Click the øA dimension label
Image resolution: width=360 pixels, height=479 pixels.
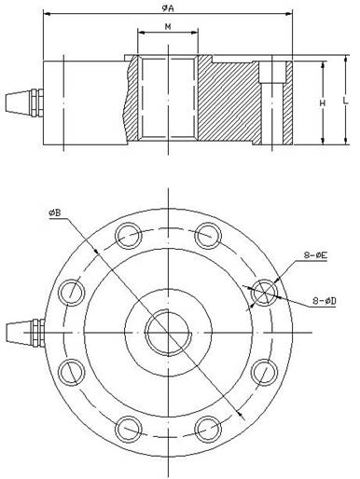[168, 7]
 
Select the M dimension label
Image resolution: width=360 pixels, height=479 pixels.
[168, 27]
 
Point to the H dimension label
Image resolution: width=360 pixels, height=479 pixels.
[323, 103]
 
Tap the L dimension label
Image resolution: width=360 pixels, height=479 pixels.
[345, 101]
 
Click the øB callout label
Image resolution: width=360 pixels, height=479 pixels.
[55, 213]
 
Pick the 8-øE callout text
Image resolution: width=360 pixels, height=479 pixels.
[315, 255]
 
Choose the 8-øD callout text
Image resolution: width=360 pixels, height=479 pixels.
[325, 301]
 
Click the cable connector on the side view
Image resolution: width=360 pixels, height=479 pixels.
[24, 103]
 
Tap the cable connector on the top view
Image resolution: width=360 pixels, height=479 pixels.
[25, 333]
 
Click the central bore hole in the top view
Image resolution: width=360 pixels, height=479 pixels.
[168, 333]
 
